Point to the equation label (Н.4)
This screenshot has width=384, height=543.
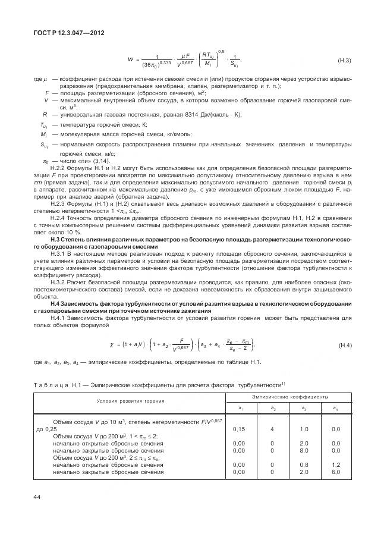point(345,346)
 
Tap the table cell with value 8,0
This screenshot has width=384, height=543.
point(304,450)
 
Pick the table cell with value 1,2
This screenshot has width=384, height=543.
point(335,464)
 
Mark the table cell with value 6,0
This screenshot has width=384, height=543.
point(335,472)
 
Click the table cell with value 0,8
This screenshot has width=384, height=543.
point(304,464)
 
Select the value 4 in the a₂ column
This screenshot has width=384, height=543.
point(272,429)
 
